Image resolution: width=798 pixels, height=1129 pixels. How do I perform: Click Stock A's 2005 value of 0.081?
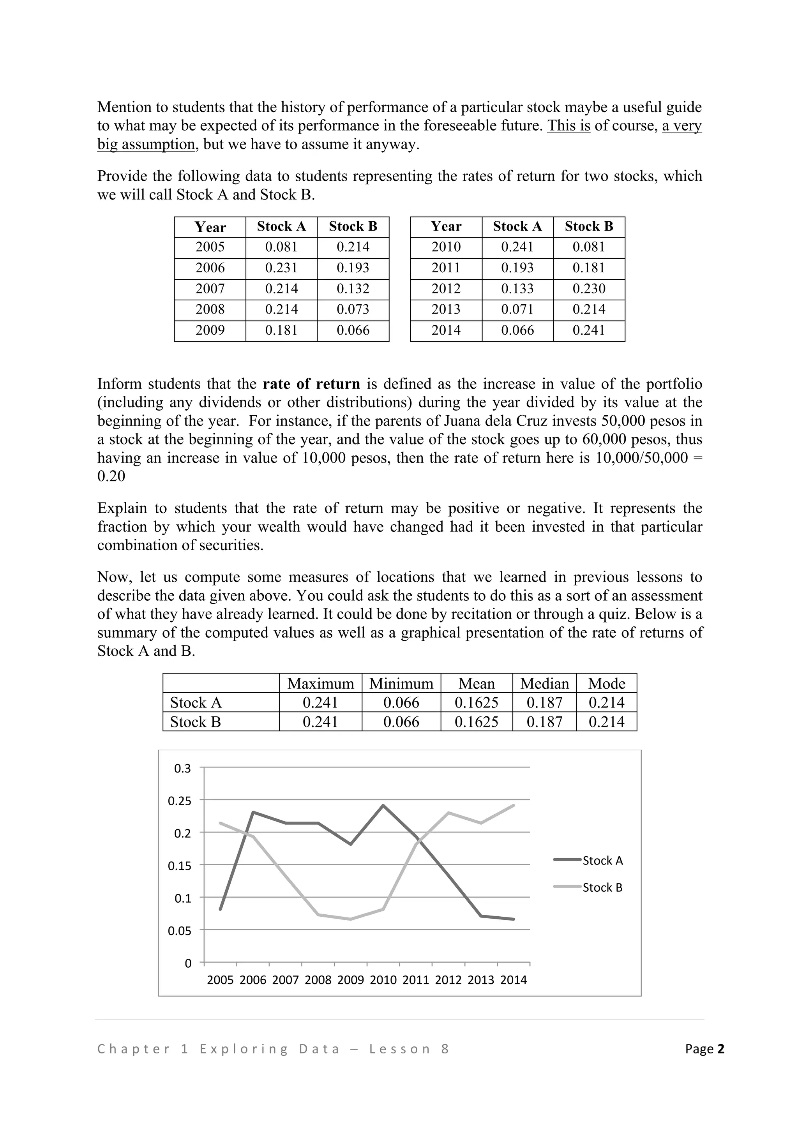coord(281,247)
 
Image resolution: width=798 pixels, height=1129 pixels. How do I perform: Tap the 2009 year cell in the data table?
coord(210,330)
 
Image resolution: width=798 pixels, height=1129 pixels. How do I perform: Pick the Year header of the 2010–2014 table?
coord(446,227)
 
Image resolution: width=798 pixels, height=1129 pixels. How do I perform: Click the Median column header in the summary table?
coord(544,683)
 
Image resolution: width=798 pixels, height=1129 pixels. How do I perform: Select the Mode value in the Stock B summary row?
coord(606,722)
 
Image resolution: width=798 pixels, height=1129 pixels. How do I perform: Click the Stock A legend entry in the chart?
coord(602,861)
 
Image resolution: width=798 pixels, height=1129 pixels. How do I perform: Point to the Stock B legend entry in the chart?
coord(602,887)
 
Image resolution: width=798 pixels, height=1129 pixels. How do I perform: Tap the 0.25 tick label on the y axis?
coord(180,801)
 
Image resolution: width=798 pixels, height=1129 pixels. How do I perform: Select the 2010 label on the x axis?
coord(383,980)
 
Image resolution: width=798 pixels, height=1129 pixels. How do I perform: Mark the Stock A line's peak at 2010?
coord(383,805)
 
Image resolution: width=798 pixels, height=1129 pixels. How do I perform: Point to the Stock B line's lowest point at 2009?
coord(351,919)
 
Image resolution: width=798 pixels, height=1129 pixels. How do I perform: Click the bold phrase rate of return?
coord(311,384)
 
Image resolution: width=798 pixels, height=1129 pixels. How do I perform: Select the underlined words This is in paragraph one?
coord(568,126)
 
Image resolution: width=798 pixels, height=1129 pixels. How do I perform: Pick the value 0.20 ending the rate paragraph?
coord(111,476)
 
